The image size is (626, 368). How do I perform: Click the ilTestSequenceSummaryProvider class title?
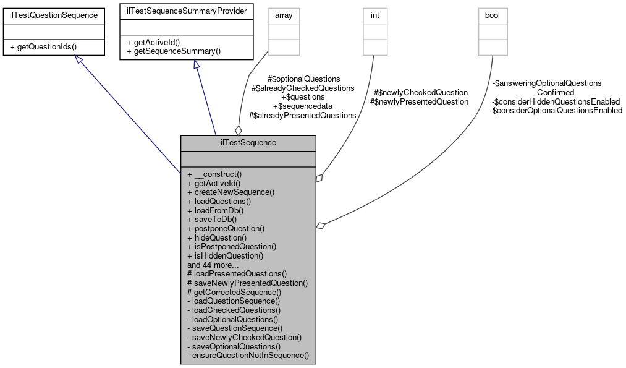(x=186, y=11)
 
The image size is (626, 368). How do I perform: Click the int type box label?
(x=375, y=15)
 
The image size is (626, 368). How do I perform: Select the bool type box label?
(x=493, y=15)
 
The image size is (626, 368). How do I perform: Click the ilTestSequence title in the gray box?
(x=248, y=143)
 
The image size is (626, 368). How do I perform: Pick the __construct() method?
(x=214, y=174)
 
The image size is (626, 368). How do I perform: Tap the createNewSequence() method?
(x=231, y=192)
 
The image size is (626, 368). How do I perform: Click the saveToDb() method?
(x=211, y=219)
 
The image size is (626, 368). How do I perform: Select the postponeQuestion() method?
(x=226, y=228)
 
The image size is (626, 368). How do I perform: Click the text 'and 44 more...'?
(x=214, y=264)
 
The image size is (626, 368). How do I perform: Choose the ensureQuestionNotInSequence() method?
(x=247, y=356)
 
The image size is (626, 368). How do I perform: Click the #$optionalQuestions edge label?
(x=303, y=79)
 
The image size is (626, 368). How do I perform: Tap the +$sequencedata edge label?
(x=303, y=106)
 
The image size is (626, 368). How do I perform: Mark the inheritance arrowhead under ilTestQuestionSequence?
(x=78, y=59)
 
